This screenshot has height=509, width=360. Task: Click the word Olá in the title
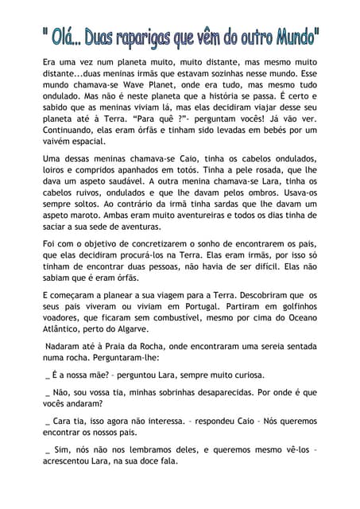[66, 36]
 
